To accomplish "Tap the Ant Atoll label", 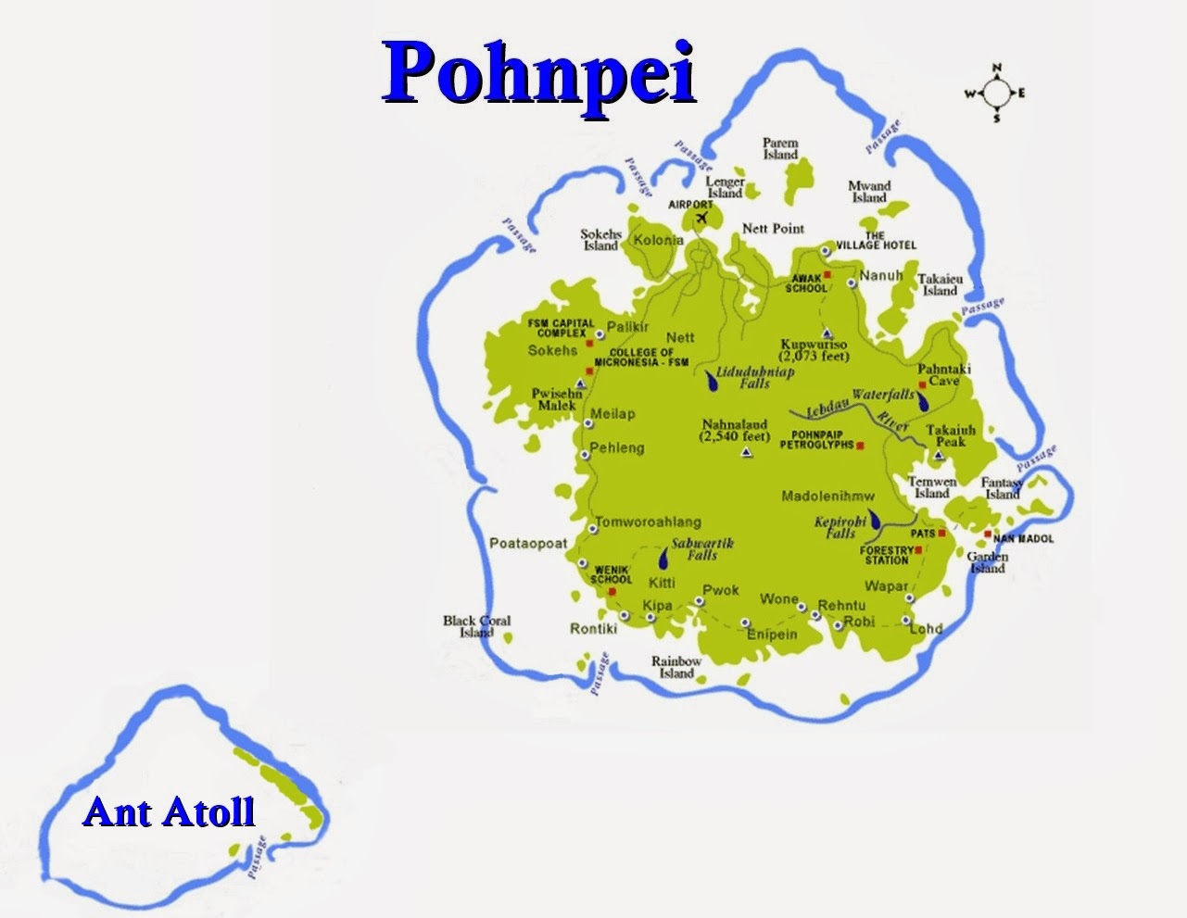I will (169, 811).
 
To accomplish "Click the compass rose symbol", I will (996, 93).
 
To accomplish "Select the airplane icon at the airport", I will (701, 218).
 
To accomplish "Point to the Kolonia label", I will (658, 241).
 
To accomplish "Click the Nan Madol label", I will (1023, 538).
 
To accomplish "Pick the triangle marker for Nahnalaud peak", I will (746, 453).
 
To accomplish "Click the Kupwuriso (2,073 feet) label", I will (814, 350).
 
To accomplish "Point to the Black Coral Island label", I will (476, 626).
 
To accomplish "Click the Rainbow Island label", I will (676, 667).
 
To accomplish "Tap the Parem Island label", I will (780, 149).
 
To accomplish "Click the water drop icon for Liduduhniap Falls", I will (712, 380).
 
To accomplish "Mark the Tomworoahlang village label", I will (648, 522).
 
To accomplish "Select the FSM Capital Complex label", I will (561, 328).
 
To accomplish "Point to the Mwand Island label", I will (869, 192).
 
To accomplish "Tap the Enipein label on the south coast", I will (772, 635).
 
